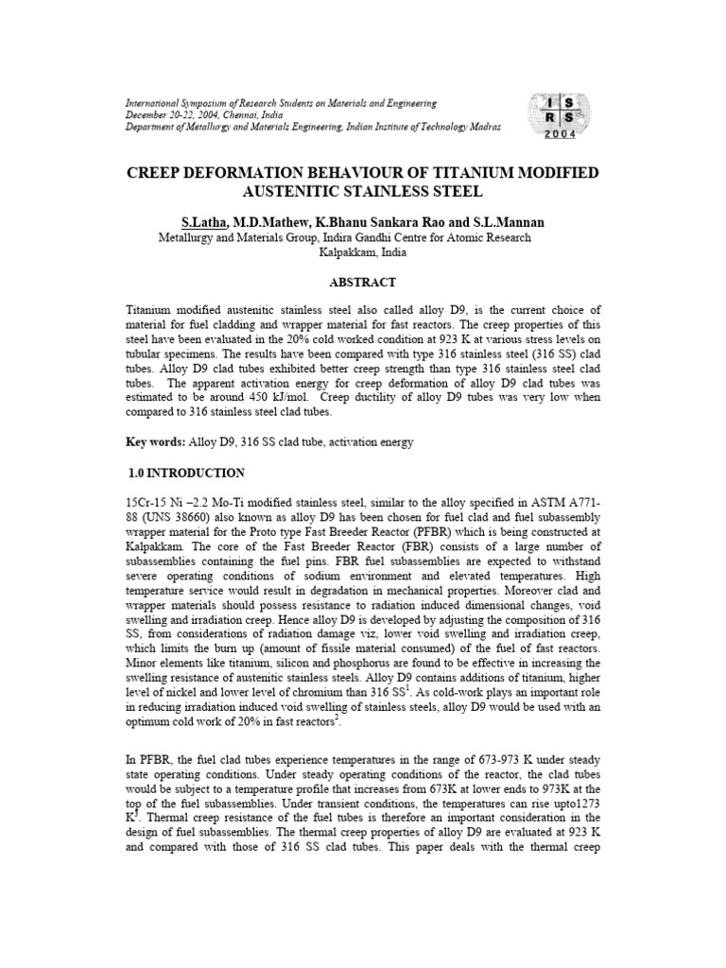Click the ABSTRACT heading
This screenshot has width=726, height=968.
coord(362,282)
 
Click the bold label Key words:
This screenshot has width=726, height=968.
coord(156,442)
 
